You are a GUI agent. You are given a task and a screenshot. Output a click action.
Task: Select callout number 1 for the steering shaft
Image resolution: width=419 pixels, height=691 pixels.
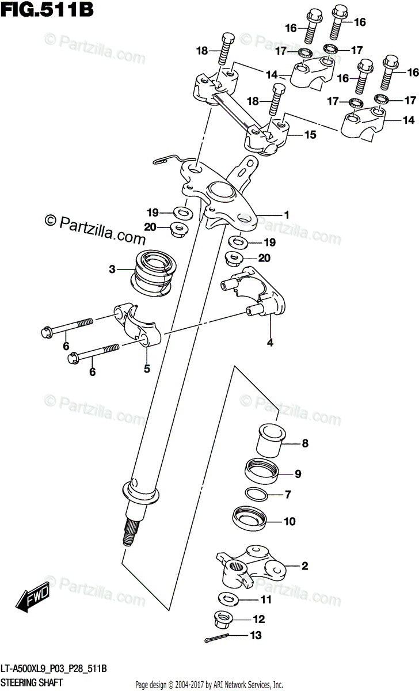click(x=285, y=215)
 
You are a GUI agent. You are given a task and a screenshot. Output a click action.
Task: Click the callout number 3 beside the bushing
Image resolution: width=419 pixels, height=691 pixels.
click(x=113, y=268)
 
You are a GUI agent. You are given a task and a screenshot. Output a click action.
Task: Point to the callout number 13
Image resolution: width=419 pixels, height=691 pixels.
click(x=256, y=636)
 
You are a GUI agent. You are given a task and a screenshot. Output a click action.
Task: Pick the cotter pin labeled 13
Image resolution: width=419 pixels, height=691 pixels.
click(x=219, y=638)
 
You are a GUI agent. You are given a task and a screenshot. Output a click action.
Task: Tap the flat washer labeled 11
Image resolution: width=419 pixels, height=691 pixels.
click(x=228, y=599)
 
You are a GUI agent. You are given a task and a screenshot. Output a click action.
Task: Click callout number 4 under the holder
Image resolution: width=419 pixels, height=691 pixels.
click(x=269, y=344)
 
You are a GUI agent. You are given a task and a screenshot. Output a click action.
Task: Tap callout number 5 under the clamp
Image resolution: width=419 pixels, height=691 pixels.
click(x=147, y=369)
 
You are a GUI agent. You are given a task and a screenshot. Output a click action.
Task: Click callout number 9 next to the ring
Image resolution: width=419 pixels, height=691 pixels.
click(x=298, y=474)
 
